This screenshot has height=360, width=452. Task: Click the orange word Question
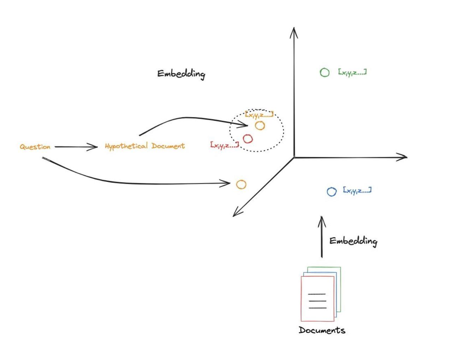point(35,147)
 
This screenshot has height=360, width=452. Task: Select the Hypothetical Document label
point(145,146)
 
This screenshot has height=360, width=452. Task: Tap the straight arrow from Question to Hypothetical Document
point(76,147)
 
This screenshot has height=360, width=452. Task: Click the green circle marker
point(325,72)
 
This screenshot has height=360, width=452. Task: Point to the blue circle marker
point(332,192)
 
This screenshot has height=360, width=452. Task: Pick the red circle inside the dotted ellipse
point(248,139)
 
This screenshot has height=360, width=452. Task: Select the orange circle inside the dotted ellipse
point(260,125)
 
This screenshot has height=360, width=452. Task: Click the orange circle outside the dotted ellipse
point(241,184)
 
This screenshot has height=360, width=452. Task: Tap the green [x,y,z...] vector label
point(352,72)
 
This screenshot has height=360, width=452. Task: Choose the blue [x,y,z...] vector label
point(357,191)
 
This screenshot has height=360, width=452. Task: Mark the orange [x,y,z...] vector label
point(259,114)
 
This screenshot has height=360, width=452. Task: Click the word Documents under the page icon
point(322,330)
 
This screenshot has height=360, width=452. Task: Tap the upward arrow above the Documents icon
point(321,237)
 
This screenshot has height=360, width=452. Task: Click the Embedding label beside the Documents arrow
point(353,241)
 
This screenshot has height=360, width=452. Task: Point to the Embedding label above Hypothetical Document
point(181,74)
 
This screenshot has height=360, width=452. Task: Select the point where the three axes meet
point(294,157)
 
